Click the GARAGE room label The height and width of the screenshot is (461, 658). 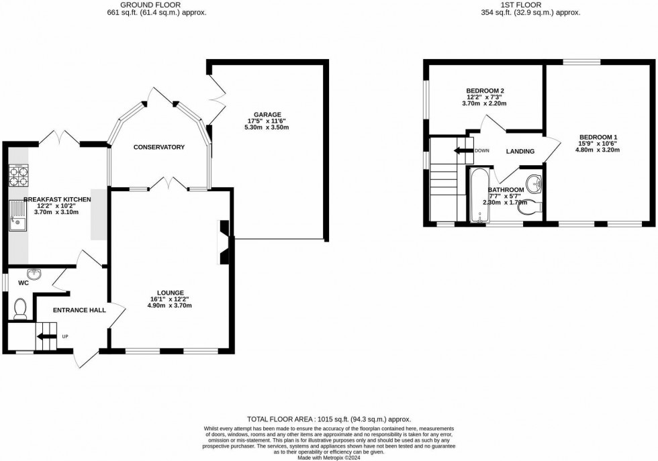tap(267, 115)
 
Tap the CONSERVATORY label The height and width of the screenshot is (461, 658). tap(158, 147)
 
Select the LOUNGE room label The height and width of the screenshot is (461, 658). tap(171, 293)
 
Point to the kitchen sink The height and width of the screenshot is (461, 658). tap(17, 215)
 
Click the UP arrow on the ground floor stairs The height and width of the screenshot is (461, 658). tap(46, 336)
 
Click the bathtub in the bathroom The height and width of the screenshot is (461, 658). tap(479, 197)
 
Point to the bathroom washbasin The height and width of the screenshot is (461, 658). tap(535, 183)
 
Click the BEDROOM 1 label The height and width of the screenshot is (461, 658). tap(598, 138)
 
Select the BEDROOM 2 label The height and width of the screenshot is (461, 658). tap(485, 91)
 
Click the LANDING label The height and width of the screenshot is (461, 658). tap(520, 152)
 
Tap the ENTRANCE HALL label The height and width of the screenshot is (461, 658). tap(79, 310)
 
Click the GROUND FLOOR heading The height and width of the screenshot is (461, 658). tap(156, 5)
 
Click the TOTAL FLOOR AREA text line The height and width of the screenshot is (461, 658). tap(328, 419)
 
